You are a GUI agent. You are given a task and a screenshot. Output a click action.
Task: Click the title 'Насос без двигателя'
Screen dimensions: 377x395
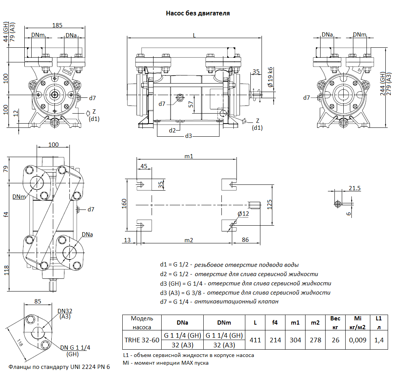(197, 13)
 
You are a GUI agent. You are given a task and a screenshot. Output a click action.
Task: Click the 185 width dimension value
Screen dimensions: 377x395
(57, 25)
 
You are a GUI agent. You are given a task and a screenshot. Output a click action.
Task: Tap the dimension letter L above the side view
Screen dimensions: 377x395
(194, 35)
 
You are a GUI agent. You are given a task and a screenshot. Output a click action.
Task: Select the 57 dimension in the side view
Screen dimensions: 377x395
(191, 104)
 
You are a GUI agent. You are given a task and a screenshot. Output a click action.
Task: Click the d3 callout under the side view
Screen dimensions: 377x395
(189, 136)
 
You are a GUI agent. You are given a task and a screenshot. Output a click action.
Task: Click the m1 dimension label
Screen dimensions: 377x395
(189, 156)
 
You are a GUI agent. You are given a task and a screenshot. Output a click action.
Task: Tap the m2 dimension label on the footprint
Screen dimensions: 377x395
(189, 240)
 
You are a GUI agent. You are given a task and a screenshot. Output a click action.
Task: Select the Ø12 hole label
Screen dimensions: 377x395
(243, 214)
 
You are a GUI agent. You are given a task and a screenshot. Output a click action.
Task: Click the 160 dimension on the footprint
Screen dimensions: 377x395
(124, 203)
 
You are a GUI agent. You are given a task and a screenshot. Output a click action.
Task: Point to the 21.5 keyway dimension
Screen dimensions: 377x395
(354, 188)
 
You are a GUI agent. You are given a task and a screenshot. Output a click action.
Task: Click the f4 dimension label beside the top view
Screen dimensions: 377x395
(5, 214)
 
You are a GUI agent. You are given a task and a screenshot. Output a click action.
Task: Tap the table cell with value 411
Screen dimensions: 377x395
(255, 340)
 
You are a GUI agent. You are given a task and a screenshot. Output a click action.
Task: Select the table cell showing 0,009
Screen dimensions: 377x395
(357, 340)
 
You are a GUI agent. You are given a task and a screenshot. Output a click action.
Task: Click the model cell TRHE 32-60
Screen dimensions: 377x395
(142, 340)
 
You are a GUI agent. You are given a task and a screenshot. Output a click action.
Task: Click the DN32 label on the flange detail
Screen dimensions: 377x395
(65, 311)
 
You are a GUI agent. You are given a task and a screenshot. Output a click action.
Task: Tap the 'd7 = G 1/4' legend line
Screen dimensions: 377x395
(219, 302)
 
